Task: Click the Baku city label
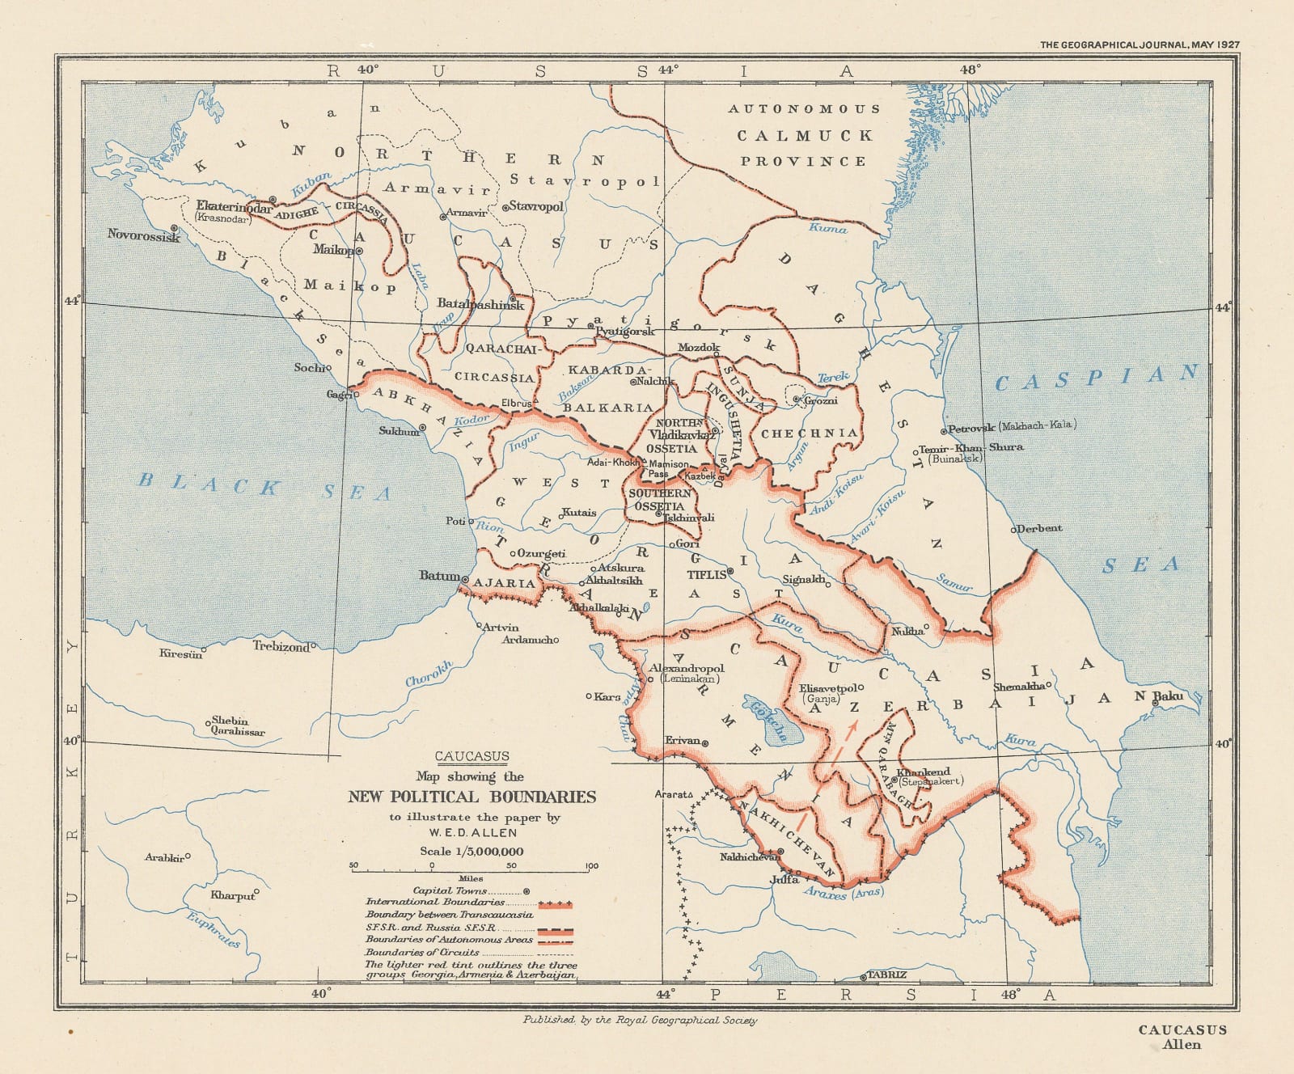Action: tap(1169, 696)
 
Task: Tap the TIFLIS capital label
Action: tap(706, 575)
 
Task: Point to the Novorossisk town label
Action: tap(143, 235)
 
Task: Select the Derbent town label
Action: tap(1040, 528)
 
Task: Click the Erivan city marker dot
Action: tap(705, 742)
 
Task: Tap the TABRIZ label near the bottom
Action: tap(887, 975)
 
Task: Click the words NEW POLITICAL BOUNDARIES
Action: tap(472, 797)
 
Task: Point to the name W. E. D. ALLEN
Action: tap(473, 832)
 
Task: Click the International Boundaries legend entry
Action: tap(436, 902)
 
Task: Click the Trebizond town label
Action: tap(281, 646)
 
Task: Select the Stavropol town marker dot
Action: tap(505, 208)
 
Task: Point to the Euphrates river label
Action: tap(214, 929)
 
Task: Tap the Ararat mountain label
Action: tap(670, 794)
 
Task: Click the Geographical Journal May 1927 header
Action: tap(1139, 45)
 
